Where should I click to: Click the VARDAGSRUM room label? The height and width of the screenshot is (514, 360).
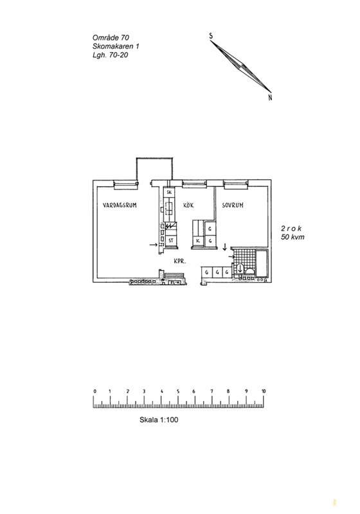point(120,205)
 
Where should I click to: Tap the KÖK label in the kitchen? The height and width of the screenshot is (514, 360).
point(188,205)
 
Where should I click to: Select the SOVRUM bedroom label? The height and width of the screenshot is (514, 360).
point(233,205)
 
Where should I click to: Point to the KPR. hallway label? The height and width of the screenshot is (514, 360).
point(180,261)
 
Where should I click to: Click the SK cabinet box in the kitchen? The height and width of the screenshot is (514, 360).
point(170,192)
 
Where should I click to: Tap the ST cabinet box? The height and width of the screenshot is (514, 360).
point(171,240)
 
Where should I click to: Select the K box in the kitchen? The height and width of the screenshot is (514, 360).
point(198,240)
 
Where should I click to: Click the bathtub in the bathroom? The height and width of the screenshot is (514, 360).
point(262,263)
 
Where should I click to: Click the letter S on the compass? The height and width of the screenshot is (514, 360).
point(211,36)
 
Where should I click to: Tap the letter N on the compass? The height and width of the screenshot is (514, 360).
point(270,98)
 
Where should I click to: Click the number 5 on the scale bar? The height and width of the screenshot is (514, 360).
point(178,391)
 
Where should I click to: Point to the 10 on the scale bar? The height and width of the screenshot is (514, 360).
point(264,391)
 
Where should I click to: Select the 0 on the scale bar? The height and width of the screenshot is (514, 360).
point(94,391)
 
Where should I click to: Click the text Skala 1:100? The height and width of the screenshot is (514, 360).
point(159,420)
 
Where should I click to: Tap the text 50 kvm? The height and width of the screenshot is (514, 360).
point(292,237)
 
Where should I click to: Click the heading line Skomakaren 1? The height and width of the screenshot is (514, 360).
point(116,46)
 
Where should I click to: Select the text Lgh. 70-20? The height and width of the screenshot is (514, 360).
point(110,55)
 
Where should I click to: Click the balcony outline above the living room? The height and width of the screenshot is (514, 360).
point(154,158)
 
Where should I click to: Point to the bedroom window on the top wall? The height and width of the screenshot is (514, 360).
point(235,185)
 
